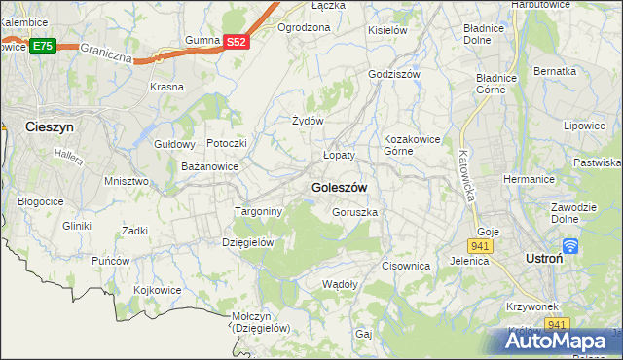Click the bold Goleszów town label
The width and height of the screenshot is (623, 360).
(x=339, y=187)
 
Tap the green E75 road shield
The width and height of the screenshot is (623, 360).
(x=42, y=46)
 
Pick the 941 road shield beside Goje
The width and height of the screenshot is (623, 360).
(x=483, y=246)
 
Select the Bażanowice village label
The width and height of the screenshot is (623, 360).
(x=210, y=167)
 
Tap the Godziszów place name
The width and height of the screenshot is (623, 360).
(x=394, y=75)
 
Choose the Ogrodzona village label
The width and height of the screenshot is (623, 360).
(x=304, y=27)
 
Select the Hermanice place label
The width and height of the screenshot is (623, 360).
(x=529, y=179)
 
